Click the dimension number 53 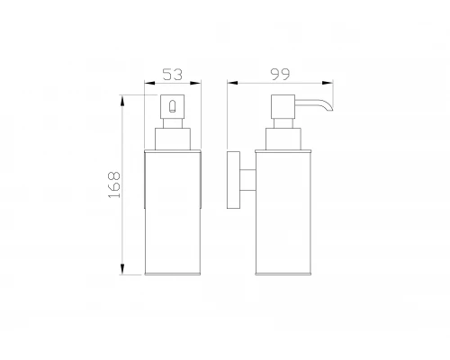[171, 74]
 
